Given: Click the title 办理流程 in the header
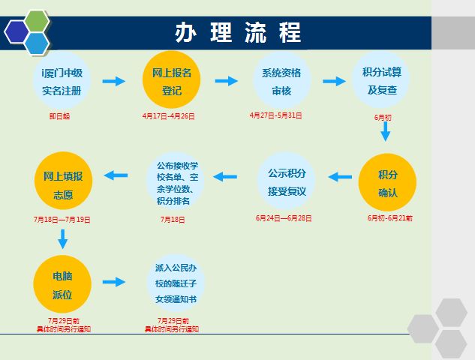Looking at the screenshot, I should click(238, 32).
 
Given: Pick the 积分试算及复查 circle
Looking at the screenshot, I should click(381, 81).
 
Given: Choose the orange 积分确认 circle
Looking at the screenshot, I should click(387, 183).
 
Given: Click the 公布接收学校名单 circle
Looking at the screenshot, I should click(177, 182).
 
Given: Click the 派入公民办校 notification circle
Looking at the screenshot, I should click(175, 283).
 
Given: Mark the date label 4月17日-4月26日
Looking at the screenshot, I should click(168, 116).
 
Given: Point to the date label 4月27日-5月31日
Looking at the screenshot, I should click(275, 115).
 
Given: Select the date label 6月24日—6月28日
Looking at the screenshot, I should click(284, 218).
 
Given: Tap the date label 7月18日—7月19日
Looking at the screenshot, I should click(62, 220).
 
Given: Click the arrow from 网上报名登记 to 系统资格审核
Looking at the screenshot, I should click(225, 81).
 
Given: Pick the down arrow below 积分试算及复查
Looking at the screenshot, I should click(386, 132).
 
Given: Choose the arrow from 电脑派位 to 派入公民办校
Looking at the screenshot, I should click(114, 282).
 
